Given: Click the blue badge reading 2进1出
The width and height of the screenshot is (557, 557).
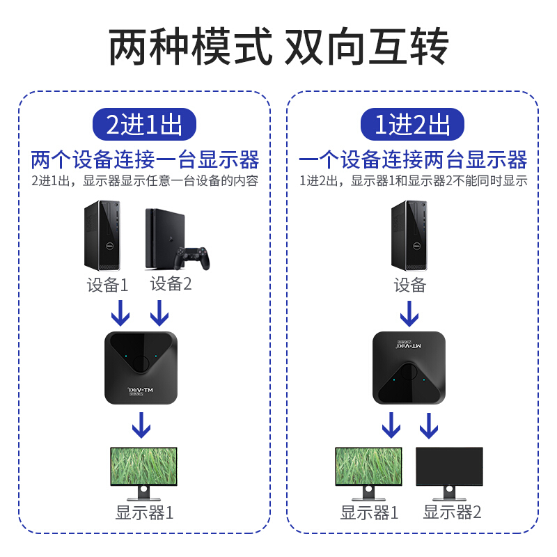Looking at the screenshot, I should [144, 125].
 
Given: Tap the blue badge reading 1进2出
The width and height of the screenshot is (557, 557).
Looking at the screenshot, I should [412, 125].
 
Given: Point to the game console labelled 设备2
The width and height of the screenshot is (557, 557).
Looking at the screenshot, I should [162, 238].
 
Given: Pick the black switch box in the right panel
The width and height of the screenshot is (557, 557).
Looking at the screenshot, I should [409, 368].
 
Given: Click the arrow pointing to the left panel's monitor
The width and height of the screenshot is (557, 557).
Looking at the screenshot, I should [142, 425].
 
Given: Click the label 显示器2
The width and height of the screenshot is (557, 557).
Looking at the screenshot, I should [452, 513].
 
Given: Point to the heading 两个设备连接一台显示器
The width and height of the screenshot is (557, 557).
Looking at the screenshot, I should [144, 160].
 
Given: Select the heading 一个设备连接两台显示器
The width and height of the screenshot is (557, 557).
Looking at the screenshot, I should [412, 160].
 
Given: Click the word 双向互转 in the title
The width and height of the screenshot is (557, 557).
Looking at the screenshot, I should [367, 47].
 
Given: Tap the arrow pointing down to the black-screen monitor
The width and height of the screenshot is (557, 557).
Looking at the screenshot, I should [429, 425].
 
